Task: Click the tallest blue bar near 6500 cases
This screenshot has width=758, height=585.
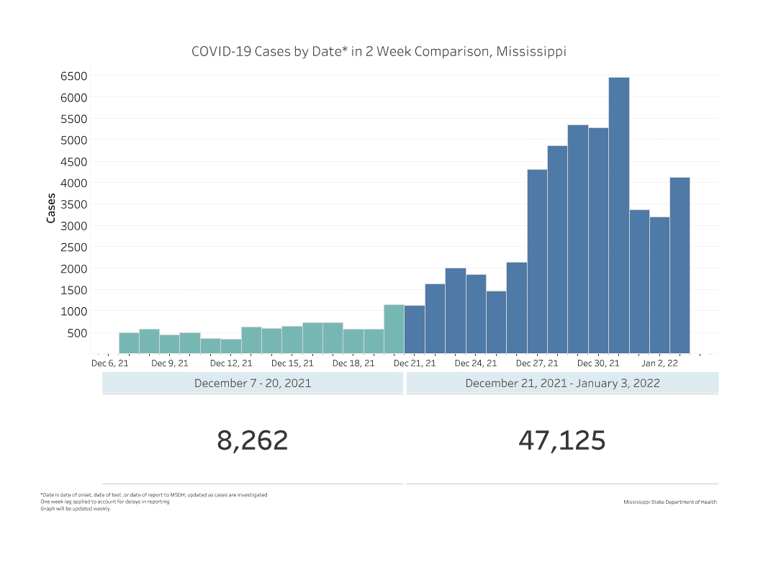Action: click(x=618, y=216)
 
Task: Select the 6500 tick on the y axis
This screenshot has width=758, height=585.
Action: click(x=74, y=76)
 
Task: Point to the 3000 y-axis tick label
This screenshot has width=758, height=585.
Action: click(x=74, y=225)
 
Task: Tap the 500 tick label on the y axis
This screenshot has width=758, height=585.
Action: click(x=78, y=332)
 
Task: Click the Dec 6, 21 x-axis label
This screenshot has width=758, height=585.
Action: click(x=109, y=364)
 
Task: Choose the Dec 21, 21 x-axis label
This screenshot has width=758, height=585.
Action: click(x=415, y=364)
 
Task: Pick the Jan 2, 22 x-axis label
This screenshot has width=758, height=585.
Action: click(x=659, y=364)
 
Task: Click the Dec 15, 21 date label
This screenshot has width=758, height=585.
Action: click(x=292, y=364)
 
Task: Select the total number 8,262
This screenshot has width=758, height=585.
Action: click(x=253, y=440)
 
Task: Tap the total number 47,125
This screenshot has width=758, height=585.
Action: click(x=561, y=440)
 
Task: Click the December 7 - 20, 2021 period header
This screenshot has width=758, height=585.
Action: click(x=253, y=383)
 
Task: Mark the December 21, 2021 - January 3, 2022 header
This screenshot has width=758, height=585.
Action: click(x=562, y=383)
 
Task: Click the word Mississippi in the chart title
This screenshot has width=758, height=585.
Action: click(x=531, y=52)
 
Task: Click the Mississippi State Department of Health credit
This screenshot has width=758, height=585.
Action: click(x=670, y=502)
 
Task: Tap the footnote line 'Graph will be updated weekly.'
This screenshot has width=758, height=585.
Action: click(x=76, y=509)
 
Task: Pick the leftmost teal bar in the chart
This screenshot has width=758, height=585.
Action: click(x=129, y=343)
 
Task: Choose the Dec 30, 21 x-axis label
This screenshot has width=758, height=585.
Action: click(x=598, y=364)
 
